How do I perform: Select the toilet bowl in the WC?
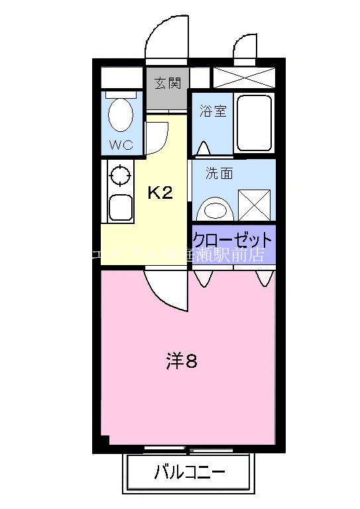pyautogui.click(x=120, y=115)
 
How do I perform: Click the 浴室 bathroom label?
pyautogui.click(x=213, y=111)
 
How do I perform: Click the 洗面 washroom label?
pyautogui.click(x=219, y=174)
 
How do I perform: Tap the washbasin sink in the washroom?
pyautogui.click(x=215, y=210)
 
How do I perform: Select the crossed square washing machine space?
pyautogui.click(x=255, y=205)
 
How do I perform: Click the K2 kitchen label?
pyautogui.click(x=159, y=193)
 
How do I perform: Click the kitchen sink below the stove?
pyautogui.click(x=119, y=207)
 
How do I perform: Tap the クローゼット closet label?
pyautogui.click(x=232, y=239)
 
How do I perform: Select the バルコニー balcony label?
pyautogui.click(x=190, y=473)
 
